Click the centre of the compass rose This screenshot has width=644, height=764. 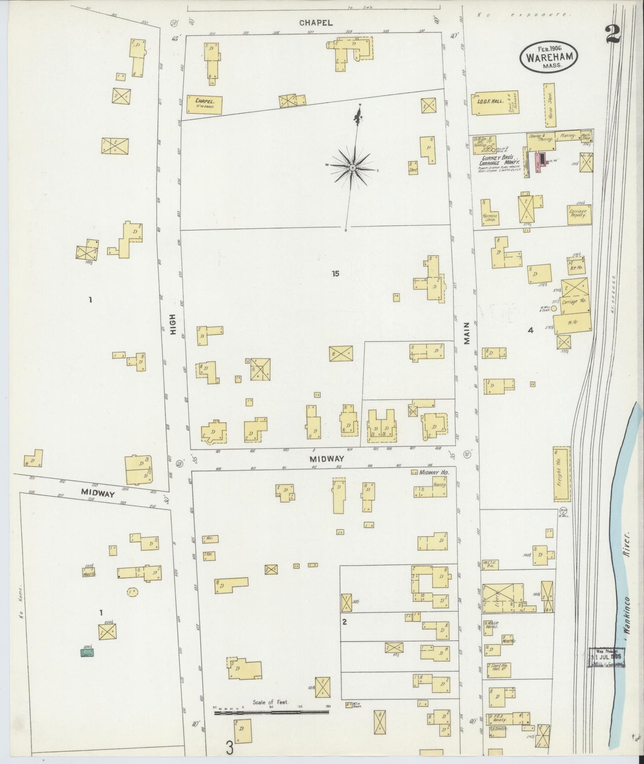tap(352, 167)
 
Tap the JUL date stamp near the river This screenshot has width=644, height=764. tap(608, 657)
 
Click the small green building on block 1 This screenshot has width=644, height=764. tap(87, 653)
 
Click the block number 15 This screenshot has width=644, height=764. tap(335, 273)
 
